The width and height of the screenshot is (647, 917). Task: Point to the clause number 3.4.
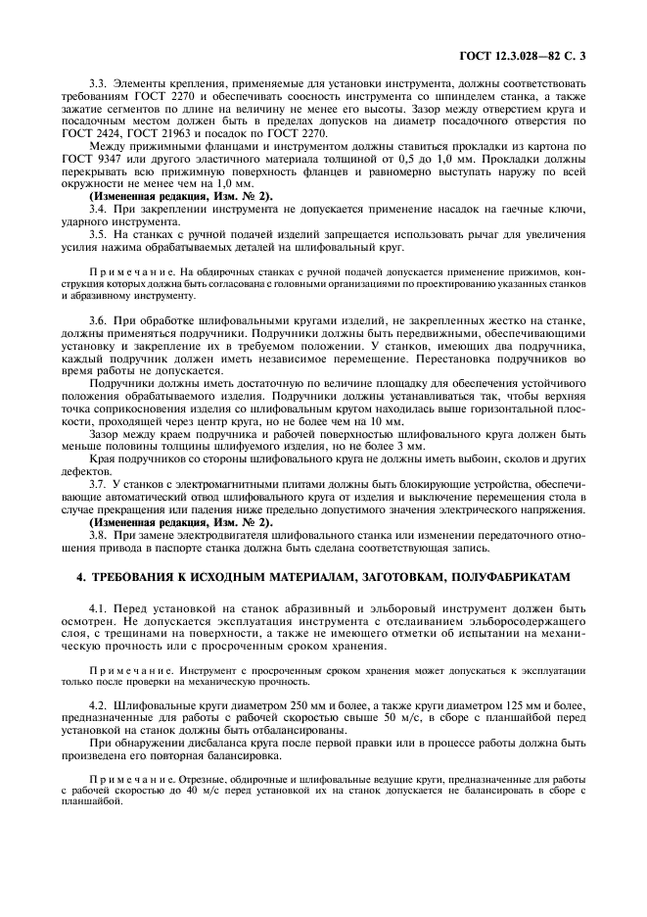[99, 211]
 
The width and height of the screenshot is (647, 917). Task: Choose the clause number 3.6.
[99, 323]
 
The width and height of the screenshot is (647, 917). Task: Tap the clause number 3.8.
[99, 535]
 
